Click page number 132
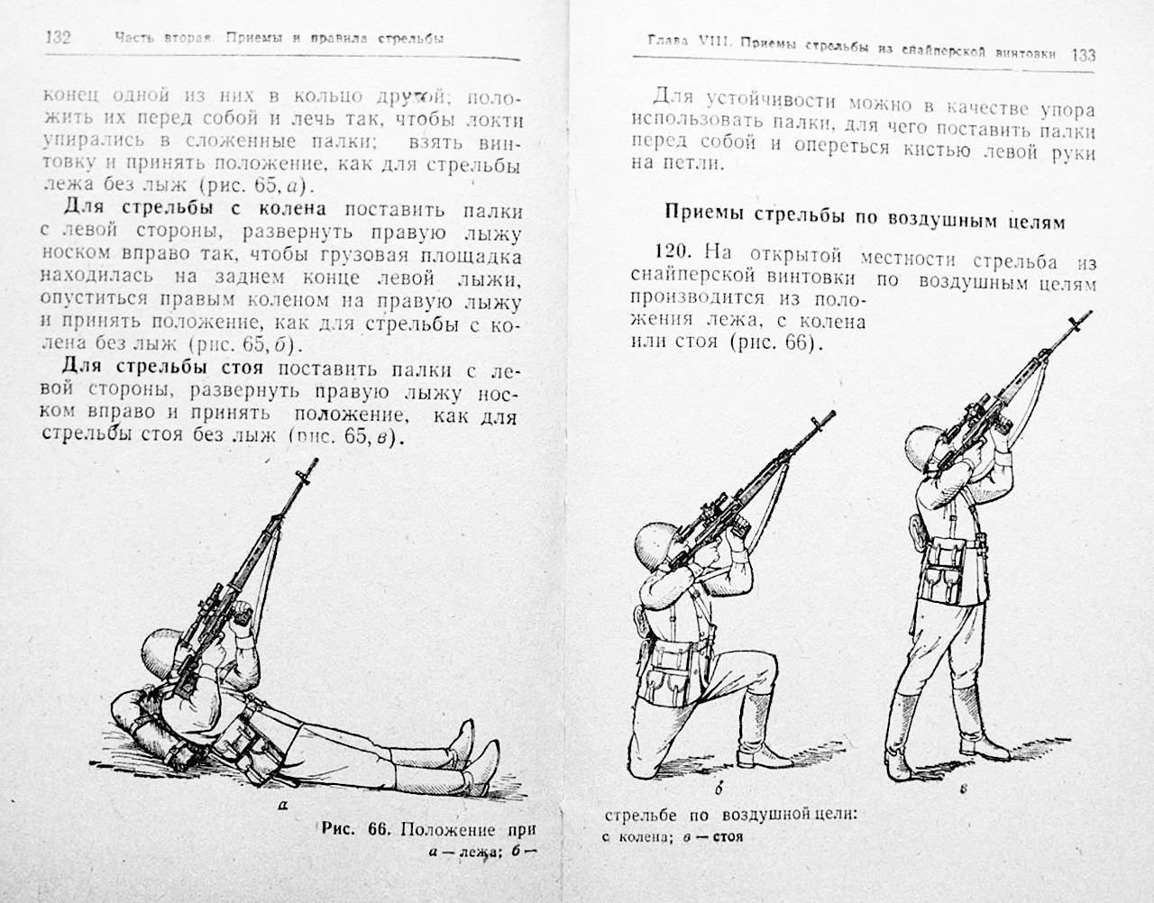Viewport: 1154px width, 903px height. [x=56, y=39]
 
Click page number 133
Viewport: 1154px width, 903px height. [x=1083, y=54]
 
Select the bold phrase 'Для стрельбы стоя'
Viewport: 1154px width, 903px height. [x=160, y=369]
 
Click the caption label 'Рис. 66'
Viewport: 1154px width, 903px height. [x=354, y=829]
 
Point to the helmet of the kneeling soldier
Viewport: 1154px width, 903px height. [x=657, y=547]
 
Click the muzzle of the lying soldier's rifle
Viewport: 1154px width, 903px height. [x=311, y=466]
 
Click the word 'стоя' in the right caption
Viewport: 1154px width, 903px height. [x=726, y=835]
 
